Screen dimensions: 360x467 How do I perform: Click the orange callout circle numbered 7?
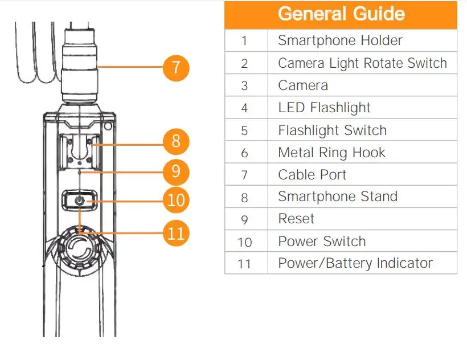coord(175,67)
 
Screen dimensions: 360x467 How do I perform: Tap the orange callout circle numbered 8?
coord(175,141)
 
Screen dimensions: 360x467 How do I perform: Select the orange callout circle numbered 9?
coord(175,171)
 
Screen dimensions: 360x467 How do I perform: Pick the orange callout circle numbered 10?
coord(177,200)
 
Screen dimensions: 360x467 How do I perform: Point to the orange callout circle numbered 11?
coord(177,233)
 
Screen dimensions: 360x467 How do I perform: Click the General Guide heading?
coord(341,14)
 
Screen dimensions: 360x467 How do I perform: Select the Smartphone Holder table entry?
coord(340,40)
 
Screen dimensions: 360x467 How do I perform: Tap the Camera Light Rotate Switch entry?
coord(362,63)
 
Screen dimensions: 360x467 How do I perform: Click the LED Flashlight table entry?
coord(324,108)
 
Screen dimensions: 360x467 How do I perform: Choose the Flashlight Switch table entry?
coord(332,130)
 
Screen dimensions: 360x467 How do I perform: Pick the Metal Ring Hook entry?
coord(331,153)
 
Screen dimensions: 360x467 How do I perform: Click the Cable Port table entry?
coord(312,175)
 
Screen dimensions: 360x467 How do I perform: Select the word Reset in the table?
coord(296,219)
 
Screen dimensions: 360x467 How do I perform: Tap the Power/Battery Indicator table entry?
coord(355,263)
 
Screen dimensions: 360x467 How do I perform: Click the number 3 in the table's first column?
coord(245,86)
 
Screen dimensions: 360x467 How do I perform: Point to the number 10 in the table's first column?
coord(245,242)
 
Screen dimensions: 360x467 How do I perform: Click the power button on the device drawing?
coord(80,201)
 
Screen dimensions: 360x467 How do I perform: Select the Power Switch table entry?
coord(322,241)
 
